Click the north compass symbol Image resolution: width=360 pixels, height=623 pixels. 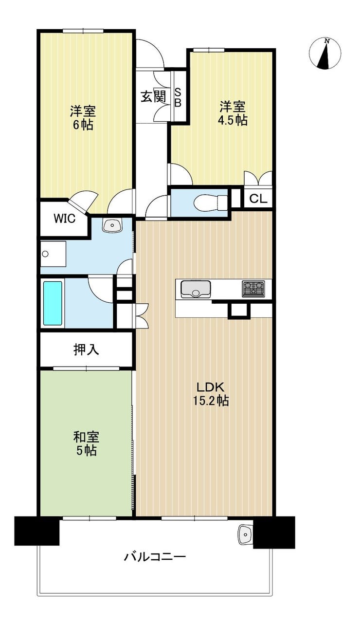325,53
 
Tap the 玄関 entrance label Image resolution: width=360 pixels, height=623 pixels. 153,97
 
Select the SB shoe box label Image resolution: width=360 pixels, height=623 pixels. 178,97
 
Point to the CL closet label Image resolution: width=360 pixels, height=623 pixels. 258,199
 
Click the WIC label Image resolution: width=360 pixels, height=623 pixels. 65,219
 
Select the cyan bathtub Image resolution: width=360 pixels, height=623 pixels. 53,303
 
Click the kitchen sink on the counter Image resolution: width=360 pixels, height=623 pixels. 196,289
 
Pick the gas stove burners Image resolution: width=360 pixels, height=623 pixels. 253,289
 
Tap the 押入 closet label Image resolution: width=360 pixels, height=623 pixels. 86,349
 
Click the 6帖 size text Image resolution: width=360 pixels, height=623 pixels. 83,126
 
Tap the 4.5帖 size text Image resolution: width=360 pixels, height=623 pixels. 233,120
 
